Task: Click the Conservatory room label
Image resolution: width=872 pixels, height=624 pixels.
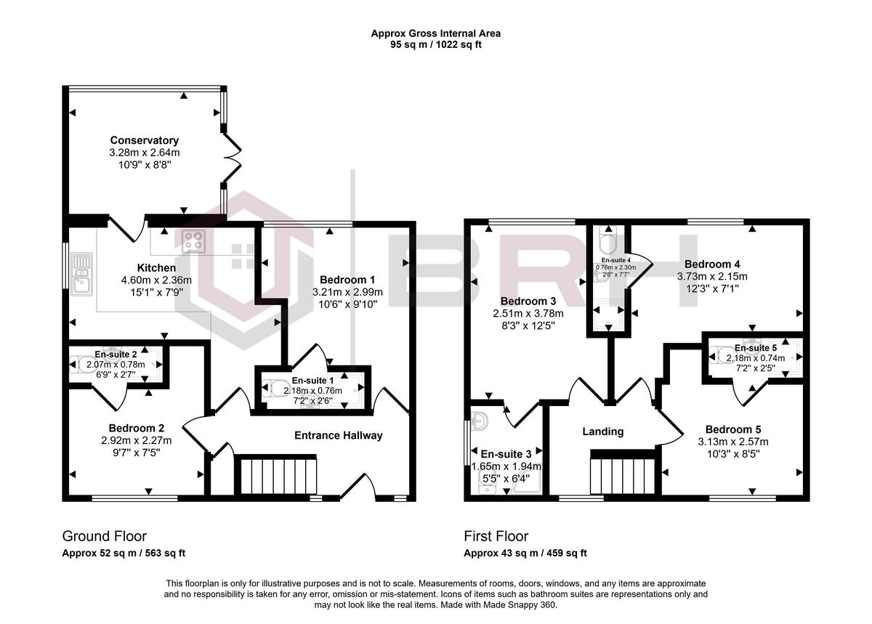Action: click(144, 140)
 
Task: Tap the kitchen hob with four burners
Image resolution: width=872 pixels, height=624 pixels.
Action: click(193, 240)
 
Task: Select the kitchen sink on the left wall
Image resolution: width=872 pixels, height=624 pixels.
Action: click(81, 272)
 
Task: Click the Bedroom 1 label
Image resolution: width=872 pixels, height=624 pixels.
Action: click(348, 280)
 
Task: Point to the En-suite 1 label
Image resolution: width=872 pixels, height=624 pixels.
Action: click(312, 381)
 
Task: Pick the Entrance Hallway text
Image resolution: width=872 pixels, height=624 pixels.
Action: click(338, 435)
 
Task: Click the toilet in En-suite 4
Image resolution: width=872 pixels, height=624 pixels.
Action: click(607, 240)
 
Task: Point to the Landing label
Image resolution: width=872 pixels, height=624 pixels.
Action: click(602, 431)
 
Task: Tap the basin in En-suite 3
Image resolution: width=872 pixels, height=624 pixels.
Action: click(479, 421)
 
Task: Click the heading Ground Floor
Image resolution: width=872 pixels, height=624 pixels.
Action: click(104, 536)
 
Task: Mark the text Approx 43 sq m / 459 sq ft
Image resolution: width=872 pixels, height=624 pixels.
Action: click(525, 553)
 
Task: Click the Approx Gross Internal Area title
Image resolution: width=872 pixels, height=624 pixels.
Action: click(436, 33)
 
